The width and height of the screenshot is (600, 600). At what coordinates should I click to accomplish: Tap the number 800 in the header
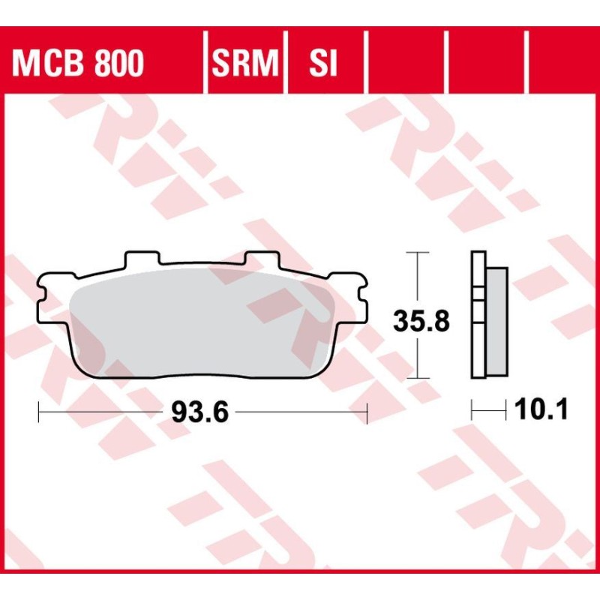click(x=118, y=64)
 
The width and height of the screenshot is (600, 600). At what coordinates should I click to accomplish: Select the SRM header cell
click(x=245, y=64)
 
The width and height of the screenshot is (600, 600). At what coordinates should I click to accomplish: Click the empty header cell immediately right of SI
click(x=406, y=64)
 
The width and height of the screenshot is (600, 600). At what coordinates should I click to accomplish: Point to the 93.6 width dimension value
click(x=199, y=411)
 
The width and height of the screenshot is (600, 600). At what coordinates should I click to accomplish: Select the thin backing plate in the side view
click(x=477, y=315)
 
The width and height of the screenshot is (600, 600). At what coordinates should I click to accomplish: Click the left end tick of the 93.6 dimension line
click(x=38, y=411)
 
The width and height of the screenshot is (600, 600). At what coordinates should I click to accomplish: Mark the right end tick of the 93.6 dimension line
click(x=367, y=411)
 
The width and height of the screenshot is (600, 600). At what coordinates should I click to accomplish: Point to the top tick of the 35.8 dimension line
click(x=418, y=253)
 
